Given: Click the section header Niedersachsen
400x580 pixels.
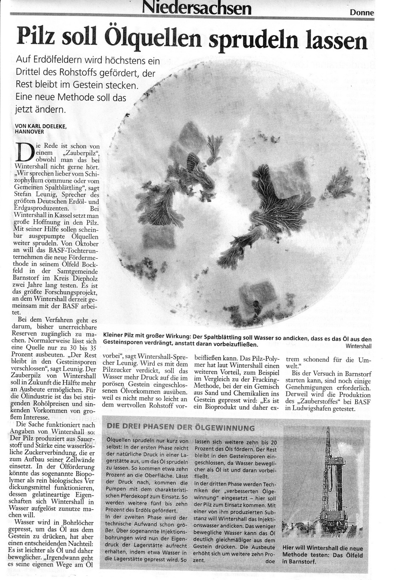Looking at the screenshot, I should tap(197, 8).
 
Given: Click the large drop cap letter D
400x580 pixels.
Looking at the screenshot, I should tap(22, 151).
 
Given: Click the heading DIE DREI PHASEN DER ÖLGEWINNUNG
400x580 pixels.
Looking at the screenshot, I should tap(180, 428).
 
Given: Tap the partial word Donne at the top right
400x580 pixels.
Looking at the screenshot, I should tap(362, 12).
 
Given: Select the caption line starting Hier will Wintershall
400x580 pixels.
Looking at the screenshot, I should tap(322, 548).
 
